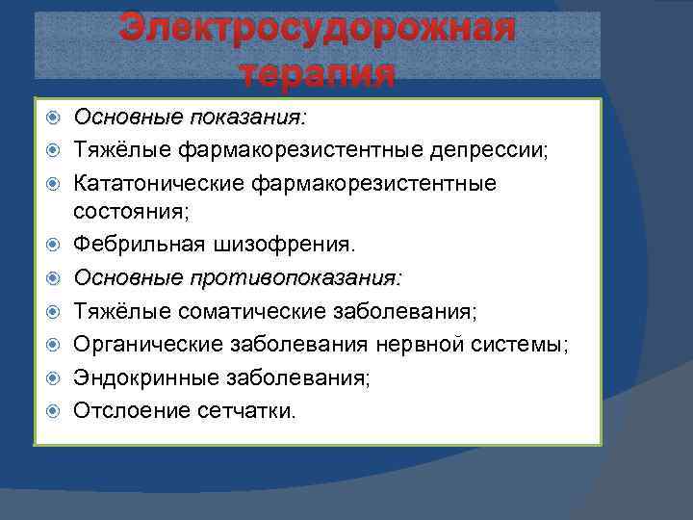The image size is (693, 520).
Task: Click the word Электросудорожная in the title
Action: pyautogui.click(x=318, y=30)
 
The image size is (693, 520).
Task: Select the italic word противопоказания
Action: pyautogui.click(x=297, y=277)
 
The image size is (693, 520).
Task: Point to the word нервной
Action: pyautogui.click(x=429, y=345)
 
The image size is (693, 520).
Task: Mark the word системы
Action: pyautogui.click(x=521, y=345)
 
